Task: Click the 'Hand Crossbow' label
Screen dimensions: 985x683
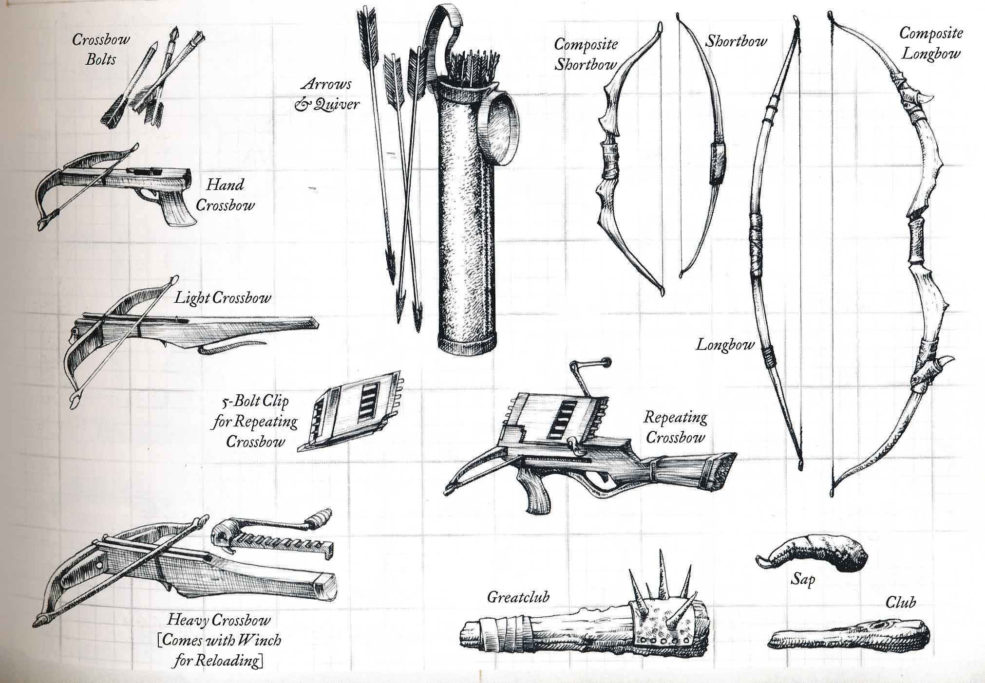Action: tap(225, 195)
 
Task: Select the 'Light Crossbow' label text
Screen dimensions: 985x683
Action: tap(223, 297)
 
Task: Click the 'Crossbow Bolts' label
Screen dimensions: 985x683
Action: tap(101, 49)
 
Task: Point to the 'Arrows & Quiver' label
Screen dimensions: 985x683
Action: tap(327, 94)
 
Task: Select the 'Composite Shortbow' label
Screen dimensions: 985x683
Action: tap(586, 54)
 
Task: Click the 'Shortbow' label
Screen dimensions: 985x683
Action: tap(736, 41)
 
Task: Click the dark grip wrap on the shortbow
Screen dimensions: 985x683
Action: tap(717, 164)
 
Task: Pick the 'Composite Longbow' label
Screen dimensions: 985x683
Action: tap(930, 43)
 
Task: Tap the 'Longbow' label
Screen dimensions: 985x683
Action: tap(724, 345)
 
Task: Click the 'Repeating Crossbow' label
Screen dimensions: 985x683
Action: tap(675, 426)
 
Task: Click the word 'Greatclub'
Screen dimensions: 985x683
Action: tap(518, 597)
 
